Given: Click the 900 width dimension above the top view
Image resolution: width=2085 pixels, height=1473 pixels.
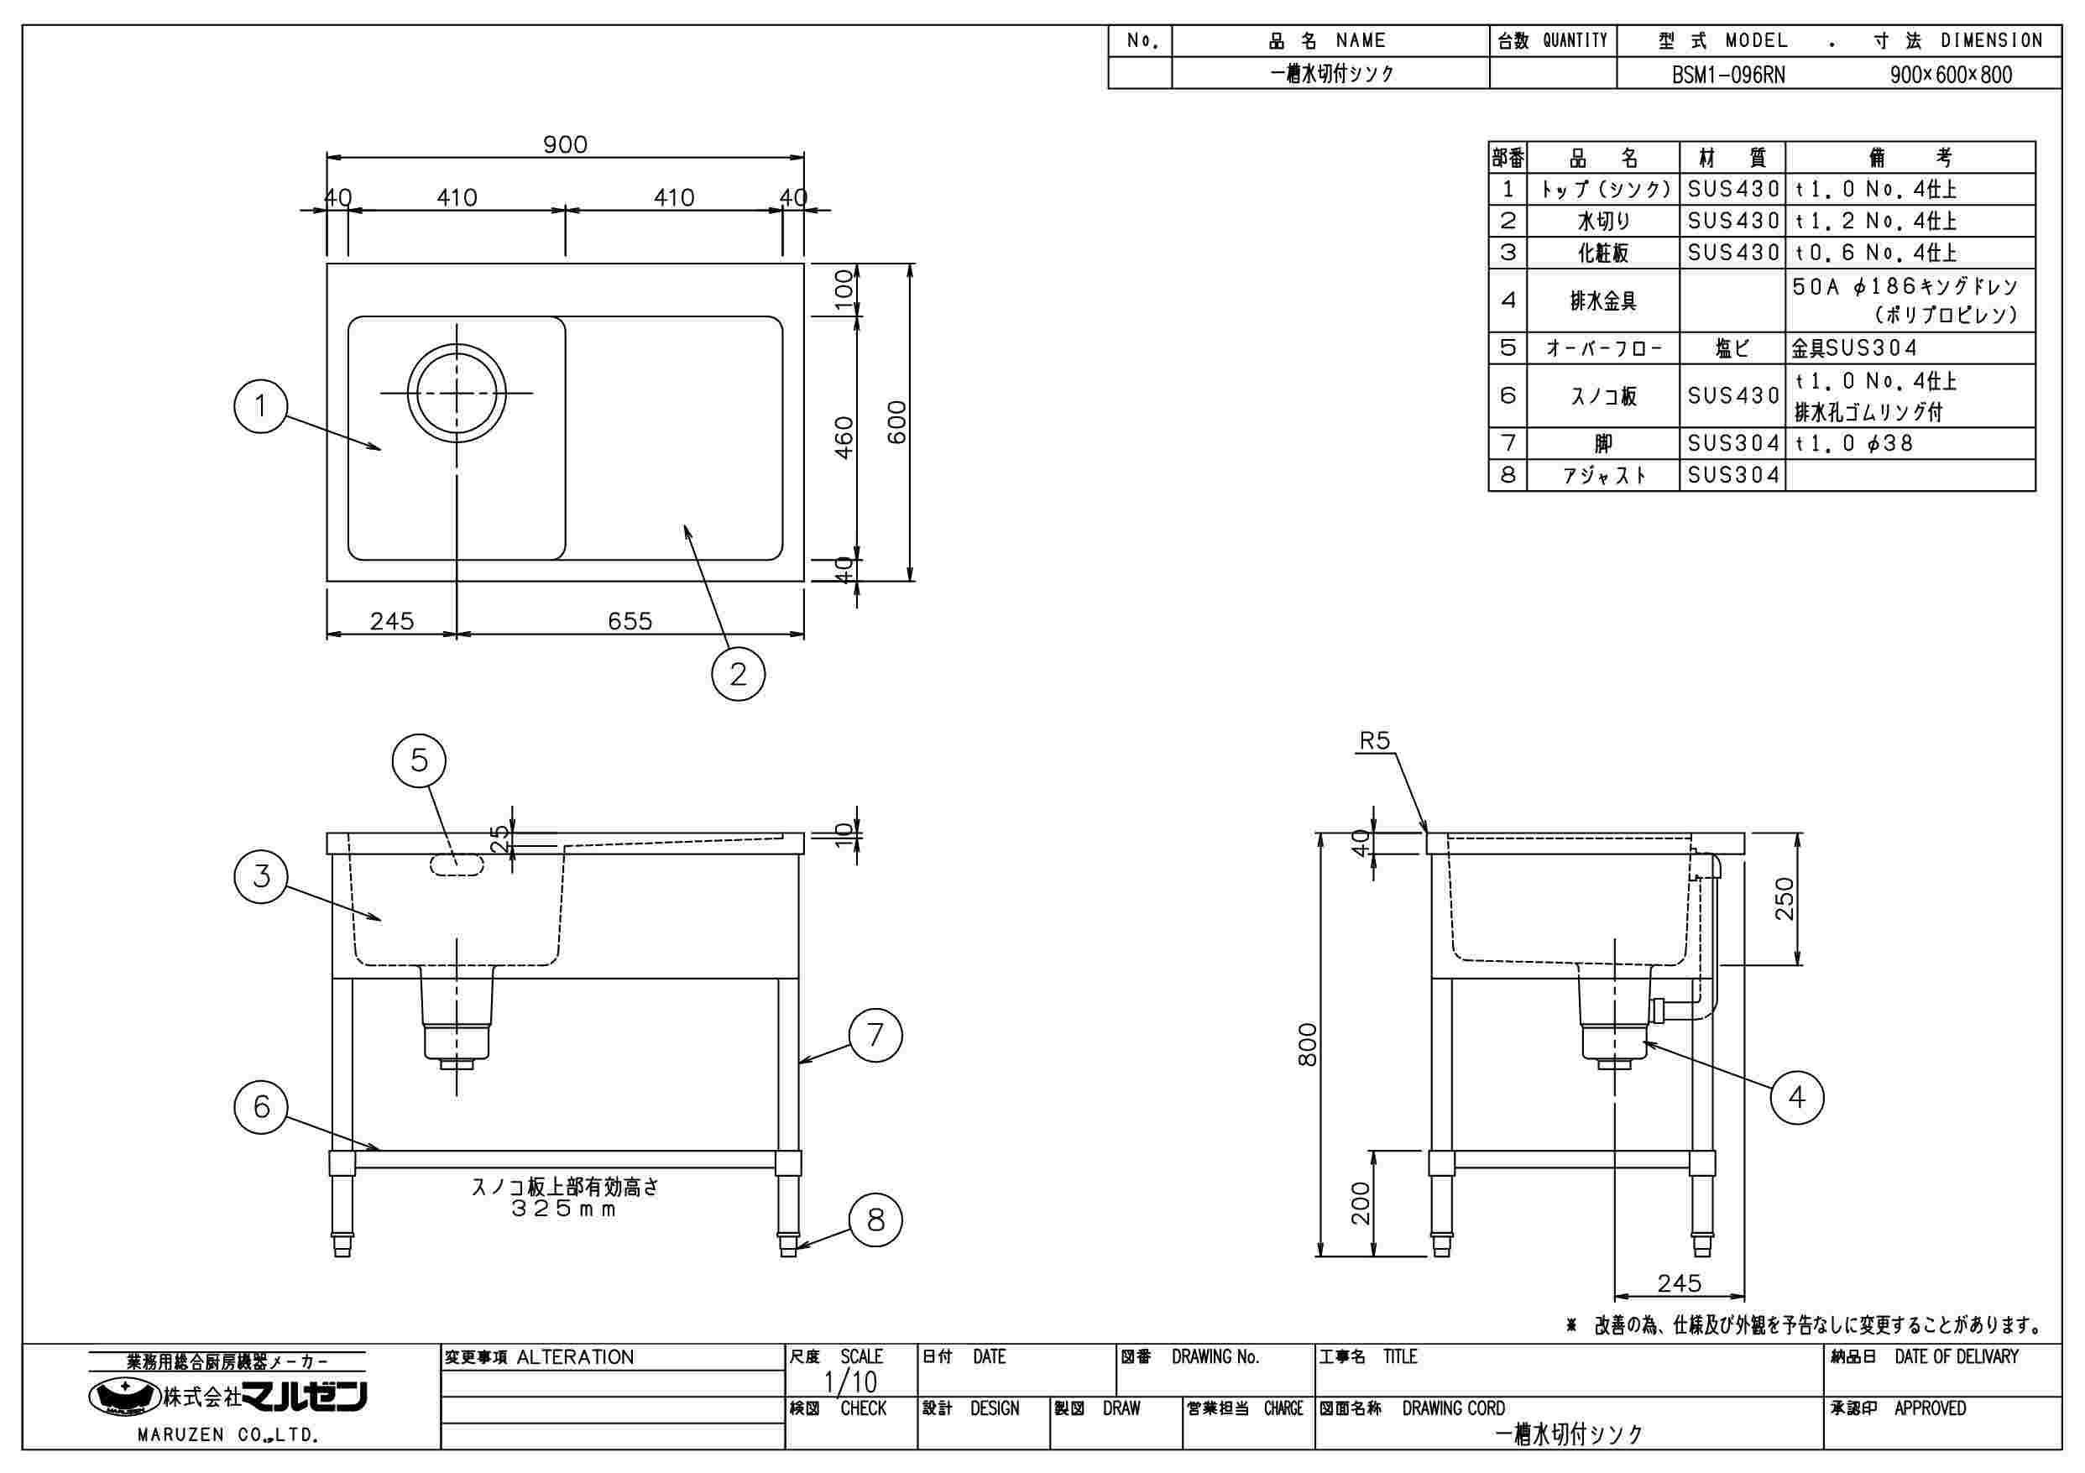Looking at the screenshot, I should click(x=565, y=144).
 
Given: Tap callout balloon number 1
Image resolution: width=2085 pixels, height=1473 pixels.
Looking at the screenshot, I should click(x=260, y=406).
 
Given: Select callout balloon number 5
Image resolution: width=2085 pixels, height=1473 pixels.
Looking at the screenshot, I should click(x=419, y=760).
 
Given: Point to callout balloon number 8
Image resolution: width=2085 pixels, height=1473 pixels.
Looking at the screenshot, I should click(x=875, y=1220).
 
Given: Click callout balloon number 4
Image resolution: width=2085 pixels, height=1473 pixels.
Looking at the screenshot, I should click(x=1797, y=1098).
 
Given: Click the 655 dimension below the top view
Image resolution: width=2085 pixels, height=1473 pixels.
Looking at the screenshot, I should click(x=630, y=621).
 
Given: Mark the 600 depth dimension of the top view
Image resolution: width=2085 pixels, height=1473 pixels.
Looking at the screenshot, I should click(x=896, y=422).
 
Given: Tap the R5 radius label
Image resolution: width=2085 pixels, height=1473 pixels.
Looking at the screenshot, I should click(x=1375, y=741).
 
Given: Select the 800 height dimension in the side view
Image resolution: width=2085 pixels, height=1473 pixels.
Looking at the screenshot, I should click(x=1308, y=1044).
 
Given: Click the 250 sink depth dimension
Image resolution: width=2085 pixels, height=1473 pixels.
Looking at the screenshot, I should click(x=1785, y=898).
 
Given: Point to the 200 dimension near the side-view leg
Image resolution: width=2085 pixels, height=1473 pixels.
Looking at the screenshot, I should click(x=1361, y=1204).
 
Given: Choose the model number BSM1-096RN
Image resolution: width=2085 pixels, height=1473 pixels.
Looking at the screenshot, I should click(x=1728, y=75).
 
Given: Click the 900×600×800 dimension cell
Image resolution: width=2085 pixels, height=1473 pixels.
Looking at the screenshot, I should click(x=1951, y=75).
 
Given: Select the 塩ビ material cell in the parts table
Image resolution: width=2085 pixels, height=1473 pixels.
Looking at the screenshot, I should click(x=1732, y=347).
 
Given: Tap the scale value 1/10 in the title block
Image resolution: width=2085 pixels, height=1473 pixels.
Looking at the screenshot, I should click(x=850, y=1382).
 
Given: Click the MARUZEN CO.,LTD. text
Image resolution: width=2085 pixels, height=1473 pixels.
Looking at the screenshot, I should click(x=227, y=1435).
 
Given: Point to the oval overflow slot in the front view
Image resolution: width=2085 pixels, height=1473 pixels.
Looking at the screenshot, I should click(x=456, y=864).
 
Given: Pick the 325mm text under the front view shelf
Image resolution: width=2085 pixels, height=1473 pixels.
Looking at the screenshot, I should click(x=564, y=1209).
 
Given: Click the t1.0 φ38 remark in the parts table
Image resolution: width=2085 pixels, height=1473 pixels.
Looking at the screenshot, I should click(x=1854, y=443).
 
